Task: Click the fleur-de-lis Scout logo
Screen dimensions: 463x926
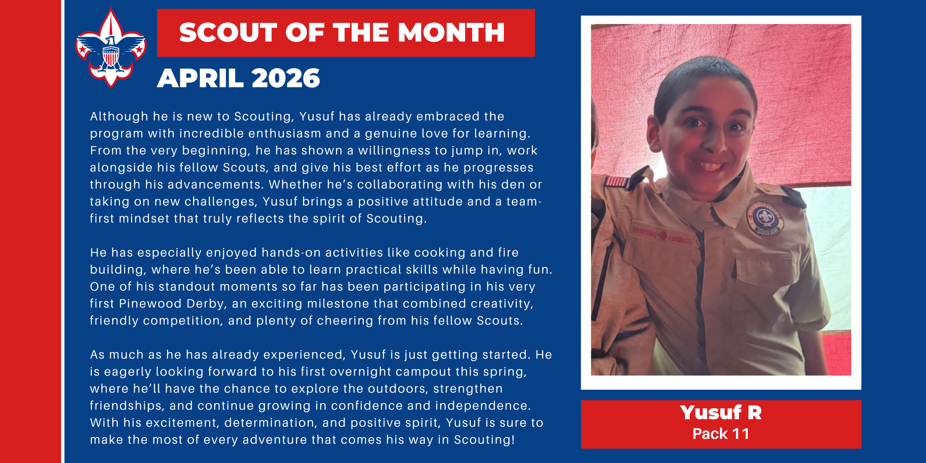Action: [x=111, y=48]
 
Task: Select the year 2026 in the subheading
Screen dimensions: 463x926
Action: [x=286, y=79]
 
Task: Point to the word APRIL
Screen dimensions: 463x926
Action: [x=200, y=79]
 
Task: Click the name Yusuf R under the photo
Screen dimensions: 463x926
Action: [x=721, y=413]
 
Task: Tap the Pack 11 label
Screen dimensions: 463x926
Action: [x=721, y=434]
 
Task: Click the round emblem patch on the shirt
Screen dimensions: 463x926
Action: [x=765, y=219]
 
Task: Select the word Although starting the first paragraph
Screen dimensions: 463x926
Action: [x=119, y=117]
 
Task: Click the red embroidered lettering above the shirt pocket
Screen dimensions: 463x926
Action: [x=662, y=235]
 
